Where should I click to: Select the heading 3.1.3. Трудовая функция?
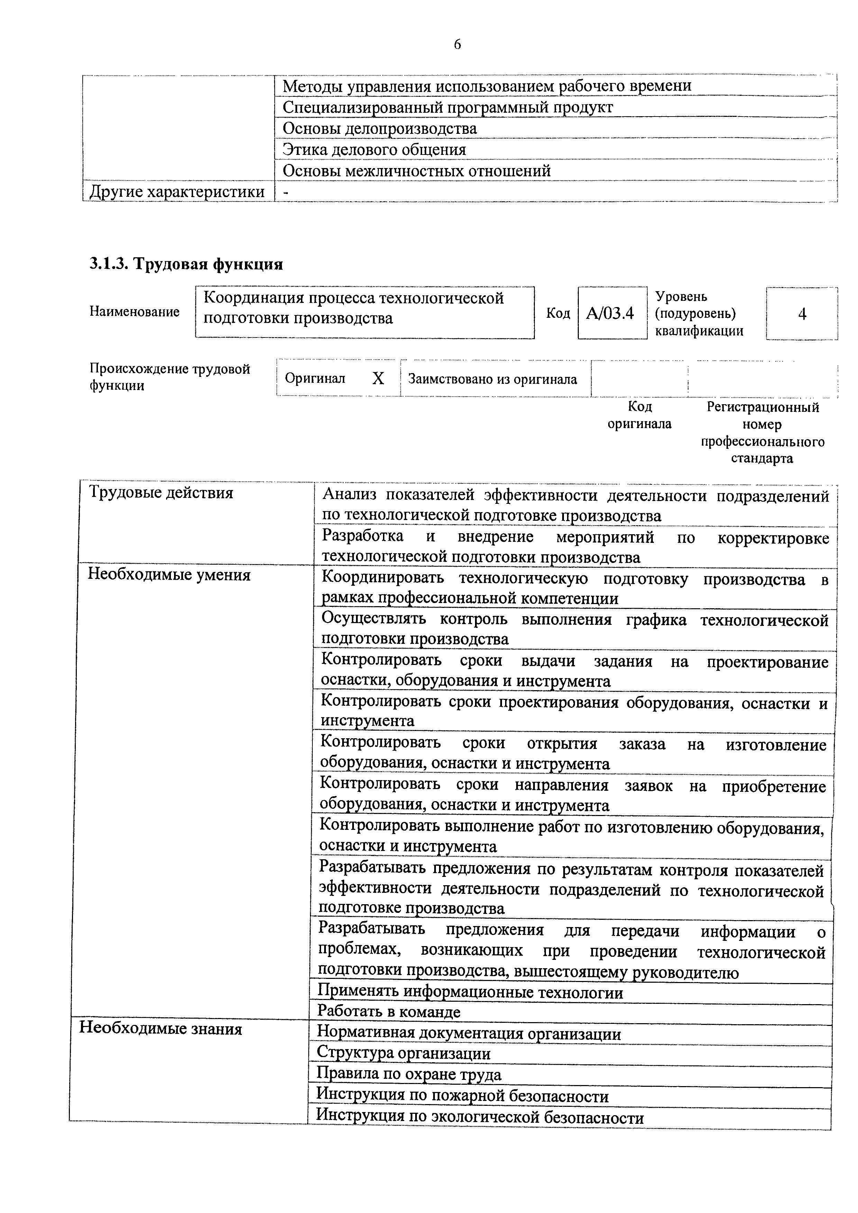[186, 263]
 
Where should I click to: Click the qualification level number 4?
[802, 314]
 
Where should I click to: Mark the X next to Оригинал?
[378, 378]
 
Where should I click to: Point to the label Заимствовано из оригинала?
[492, 379]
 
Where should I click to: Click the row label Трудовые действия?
[161, 493]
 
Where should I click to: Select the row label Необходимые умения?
[169, 574]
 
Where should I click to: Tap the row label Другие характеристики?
[177, 191]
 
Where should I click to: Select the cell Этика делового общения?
[374, 149]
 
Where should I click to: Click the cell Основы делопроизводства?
[380, 128]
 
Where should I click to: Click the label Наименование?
[134, 312]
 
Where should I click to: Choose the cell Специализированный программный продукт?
[448, 107]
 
